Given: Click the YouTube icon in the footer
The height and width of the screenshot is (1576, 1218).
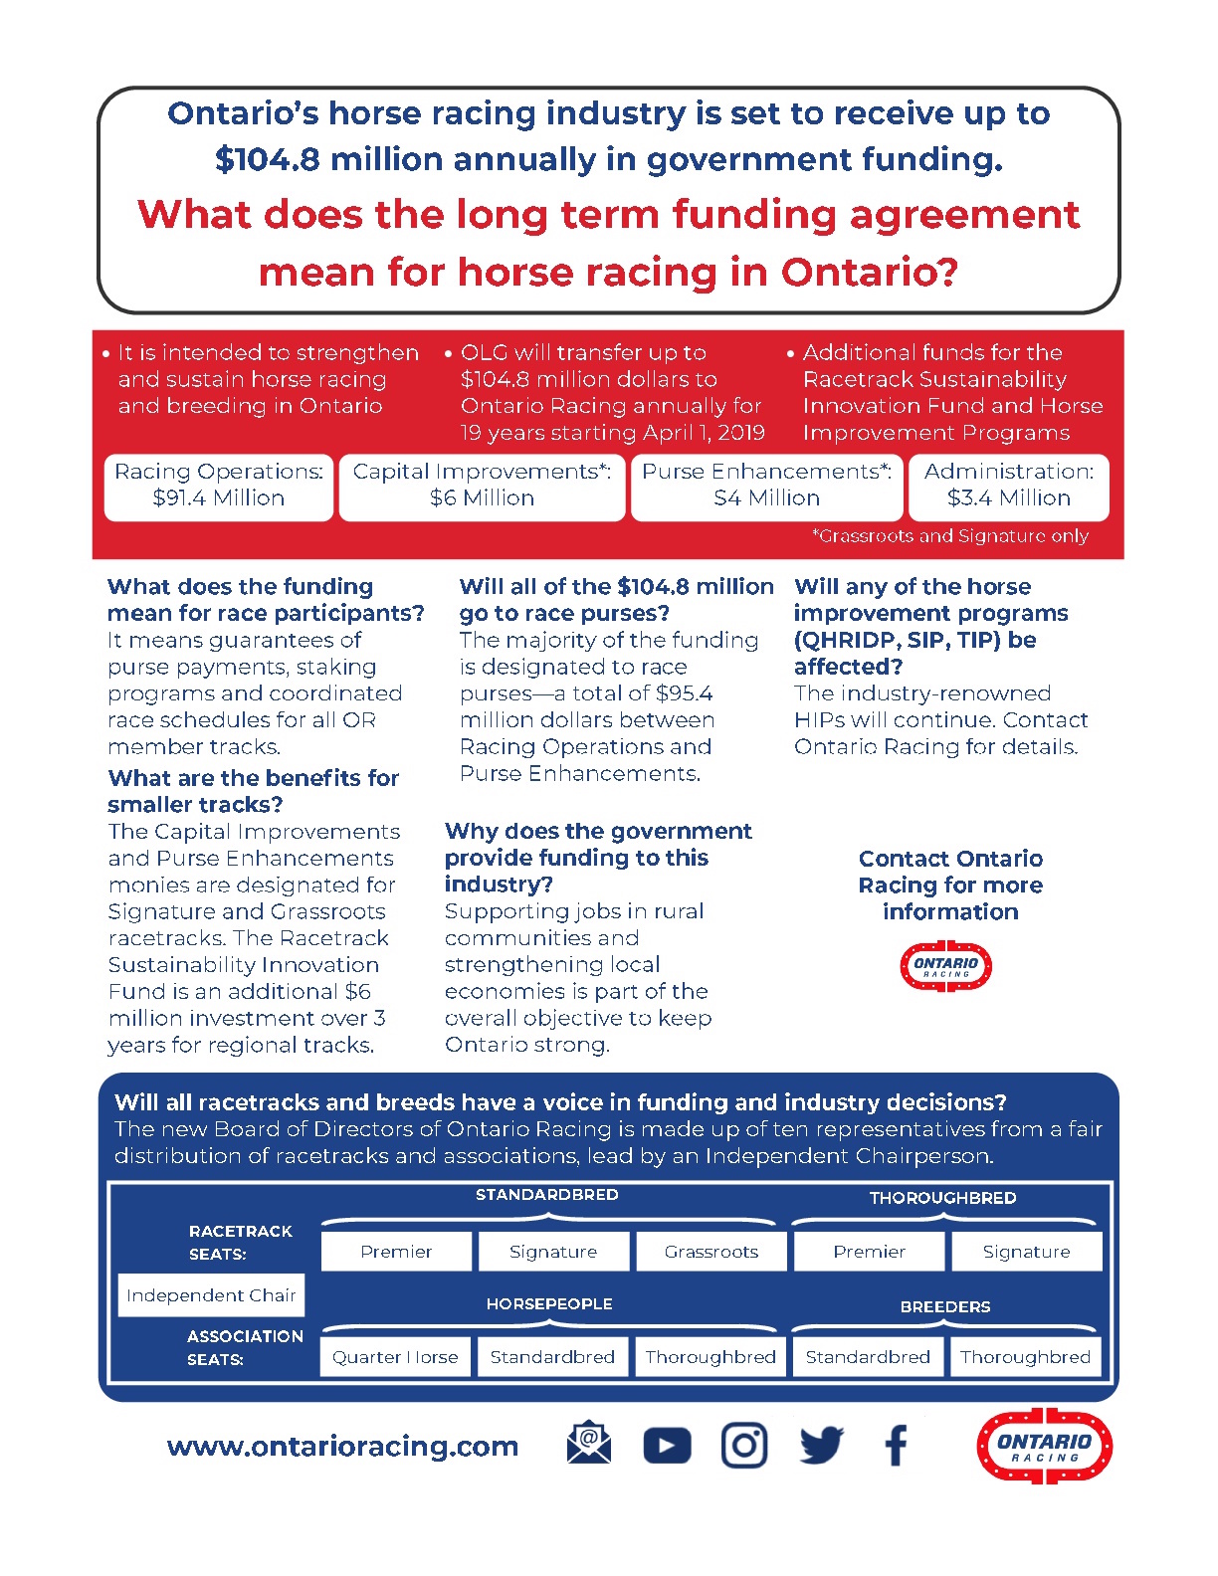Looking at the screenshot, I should point(667,1446).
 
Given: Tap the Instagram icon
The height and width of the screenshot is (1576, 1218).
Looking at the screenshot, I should point(743,1446).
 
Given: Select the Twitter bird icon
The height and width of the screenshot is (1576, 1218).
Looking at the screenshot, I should point(821,1446).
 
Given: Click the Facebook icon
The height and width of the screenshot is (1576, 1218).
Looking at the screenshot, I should point(896,1446).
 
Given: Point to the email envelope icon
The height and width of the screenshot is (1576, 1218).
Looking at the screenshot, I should point(589,1444).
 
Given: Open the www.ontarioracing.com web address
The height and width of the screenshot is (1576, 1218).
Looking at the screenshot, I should point(343,1447).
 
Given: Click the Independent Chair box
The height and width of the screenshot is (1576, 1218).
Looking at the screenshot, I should point(211,1295).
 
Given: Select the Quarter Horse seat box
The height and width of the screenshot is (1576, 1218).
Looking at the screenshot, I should point(395,1357).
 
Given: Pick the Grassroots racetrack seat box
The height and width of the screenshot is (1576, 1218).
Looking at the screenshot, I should point(711,1252).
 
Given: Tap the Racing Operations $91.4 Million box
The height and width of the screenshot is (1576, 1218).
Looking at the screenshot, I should point(219,486).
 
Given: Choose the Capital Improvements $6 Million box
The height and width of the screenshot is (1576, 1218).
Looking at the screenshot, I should point(483,486).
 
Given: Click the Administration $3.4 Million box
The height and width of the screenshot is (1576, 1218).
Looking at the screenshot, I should point(1009,486).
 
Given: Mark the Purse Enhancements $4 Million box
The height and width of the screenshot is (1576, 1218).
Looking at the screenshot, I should point(766,486).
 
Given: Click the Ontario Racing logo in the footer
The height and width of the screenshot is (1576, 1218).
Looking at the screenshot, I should point(1044,1446).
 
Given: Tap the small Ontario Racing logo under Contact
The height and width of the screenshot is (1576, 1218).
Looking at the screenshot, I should point(945,966).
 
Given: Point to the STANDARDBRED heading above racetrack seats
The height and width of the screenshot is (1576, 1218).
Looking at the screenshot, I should point(547,1195).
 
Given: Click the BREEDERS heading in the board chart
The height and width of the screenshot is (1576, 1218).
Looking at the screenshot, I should point(945,1307).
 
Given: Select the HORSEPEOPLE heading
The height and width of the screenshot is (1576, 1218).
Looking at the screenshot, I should point(549,1304).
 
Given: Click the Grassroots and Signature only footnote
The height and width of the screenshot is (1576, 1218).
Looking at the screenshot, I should point(950,537).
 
